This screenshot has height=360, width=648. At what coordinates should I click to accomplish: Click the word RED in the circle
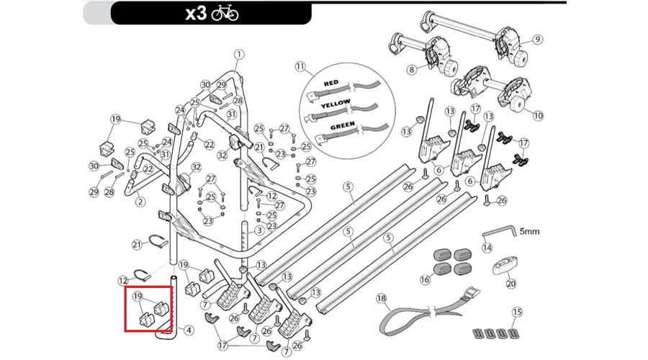[x=332, y=84]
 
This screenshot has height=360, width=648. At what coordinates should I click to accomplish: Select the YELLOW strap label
[x=336, y=105]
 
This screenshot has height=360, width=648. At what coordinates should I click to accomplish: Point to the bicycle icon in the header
[x=225, y=14]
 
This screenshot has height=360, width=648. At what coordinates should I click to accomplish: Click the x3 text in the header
[x=196, y=14]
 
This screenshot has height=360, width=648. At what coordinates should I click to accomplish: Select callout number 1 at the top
[x=239, y=54]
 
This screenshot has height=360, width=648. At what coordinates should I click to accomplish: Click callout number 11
[x=300, y=67]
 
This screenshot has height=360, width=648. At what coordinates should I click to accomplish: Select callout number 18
[x=382, y=298]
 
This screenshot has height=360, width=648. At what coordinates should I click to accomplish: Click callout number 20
[x=511, y=284]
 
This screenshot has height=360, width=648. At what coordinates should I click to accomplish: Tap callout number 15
[x=516, y=312]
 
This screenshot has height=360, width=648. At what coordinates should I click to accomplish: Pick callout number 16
[x=425, y=279]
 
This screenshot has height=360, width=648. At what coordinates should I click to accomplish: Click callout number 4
[x=189, y=330]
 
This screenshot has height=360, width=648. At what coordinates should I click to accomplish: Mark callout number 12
[x=123, y=280]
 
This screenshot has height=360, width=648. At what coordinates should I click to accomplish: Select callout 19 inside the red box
[x=137, y=296]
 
